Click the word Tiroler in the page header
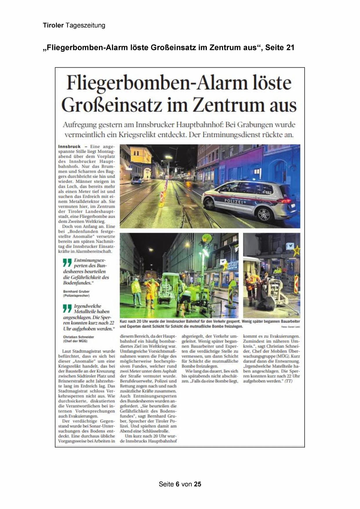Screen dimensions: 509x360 coord(53,26)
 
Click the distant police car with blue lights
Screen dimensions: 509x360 coord(137,180)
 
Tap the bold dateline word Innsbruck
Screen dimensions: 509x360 coord(69,147)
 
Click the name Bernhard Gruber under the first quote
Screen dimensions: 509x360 coord(76,291)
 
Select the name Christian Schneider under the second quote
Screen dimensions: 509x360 coord(78,337)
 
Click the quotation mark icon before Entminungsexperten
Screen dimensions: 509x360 coord(67,263)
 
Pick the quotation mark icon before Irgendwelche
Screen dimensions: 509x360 coord(67,308)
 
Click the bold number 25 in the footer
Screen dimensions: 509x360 coord(198,484)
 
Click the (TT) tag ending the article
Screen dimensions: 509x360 coord(288,381)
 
